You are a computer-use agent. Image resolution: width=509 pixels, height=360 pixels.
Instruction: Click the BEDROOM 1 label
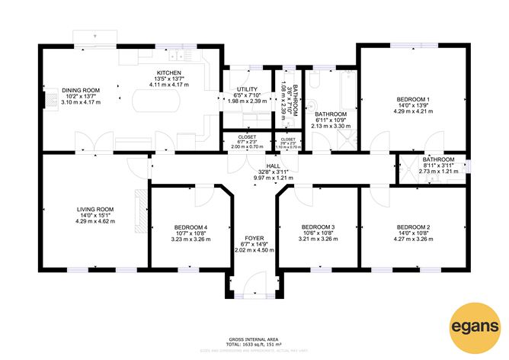click(412, 99)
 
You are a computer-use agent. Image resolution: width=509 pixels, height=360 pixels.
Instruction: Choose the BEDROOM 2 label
click(414, 227)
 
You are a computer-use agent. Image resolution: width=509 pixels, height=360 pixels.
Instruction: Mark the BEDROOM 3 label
click(318, 227)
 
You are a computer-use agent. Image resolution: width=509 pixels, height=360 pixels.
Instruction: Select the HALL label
click(272, 166)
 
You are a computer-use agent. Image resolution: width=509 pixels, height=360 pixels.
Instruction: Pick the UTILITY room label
click(248, 89)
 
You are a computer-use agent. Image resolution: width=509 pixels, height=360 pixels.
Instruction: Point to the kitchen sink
click(176, 56)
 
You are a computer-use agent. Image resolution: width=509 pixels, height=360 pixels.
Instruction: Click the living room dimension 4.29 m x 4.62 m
click(95, 220)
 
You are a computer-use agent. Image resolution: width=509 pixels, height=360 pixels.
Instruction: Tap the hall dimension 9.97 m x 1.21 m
click(272, 178)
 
